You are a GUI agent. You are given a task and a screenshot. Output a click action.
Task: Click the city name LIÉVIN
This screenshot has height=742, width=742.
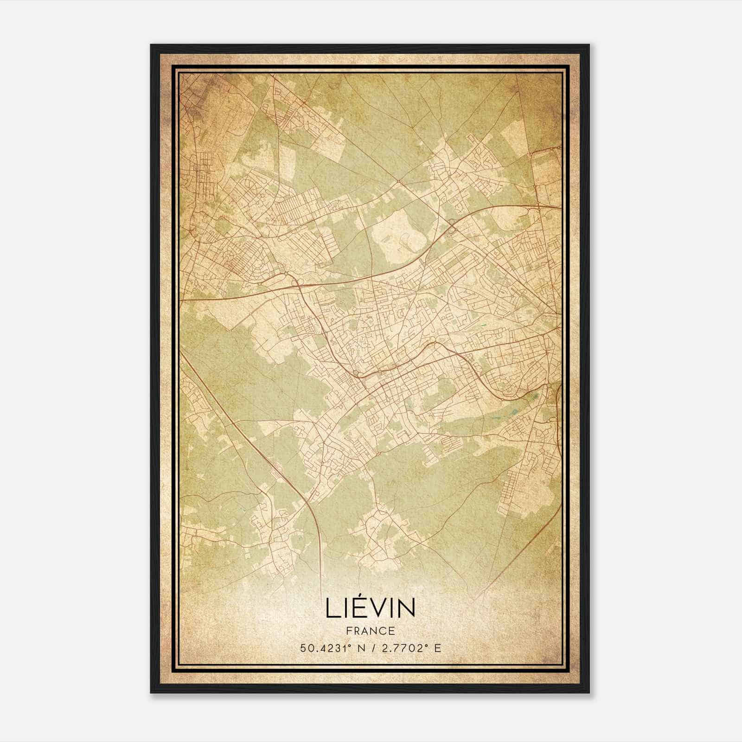371,608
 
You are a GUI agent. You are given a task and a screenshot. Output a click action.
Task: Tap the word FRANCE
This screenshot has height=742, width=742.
371,631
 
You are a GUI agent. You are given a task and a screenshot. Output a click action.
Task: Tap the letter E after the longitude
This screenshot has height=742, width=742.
438,648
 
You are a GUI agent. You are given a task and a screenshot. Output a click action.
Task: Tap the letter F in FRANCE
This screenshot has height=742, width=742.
349,631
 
